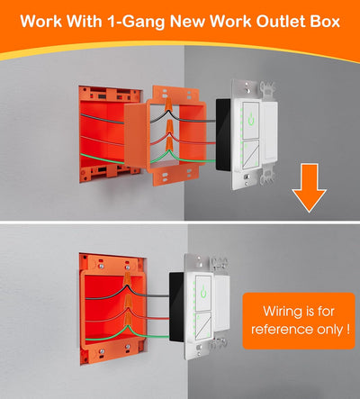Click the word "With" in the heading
click(x=85, y=20)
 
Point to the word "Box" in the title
click(x=327, y=20)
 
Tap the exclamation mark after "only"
click(x=346, y=331)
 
